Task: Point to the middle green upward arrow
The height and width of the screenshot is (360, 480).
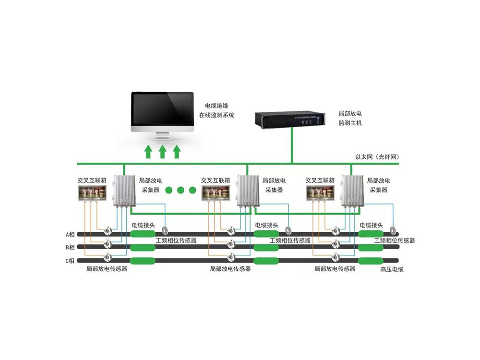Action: click(162, 152)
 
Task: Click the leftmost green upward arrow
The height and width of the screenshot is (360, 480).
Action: click(148, 152)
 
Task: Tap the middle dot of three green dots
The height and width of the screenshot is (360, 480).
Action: click(181, 191)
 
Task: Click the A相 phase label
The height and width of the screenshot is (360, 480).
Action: click(71, 235)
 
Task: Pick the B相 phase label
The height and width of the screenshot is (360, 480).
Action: click(71, 248)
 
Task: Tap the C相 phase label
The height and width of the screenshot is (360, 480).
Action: click(71, 261)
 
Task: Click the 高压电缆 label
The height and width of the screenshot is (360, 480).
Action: click(392, 269)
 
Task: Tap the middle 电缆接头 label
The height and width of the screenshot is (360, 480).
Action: click(266, 225)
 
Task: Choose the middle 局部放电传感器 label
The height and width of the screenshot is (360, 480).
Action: click(230, 269)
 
